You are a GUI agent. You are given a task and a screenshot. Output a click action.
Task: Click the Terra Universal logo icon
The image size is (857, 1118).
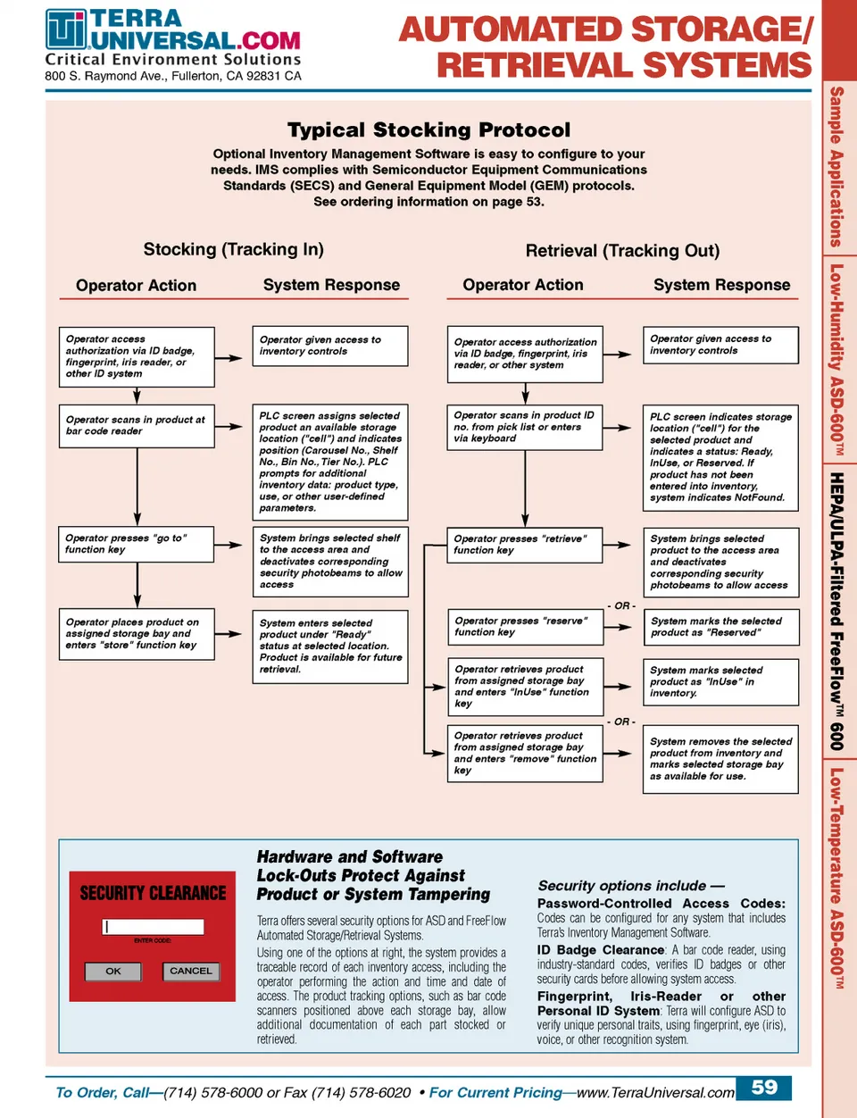(66, 29)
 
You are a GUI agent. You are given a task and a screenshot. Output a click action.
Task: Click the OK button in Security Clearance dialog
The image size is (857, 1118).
(113, 971)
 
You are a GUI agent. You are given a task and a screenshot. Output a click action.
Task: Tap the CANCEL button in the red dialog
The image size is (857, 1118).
(191, 971)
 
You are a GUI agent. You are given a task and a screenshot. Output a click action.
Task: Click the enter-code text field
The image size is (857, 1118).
(154, 927)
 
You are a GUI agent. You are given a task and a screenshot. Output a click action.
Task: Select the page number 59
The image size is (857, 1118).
(764, 1088)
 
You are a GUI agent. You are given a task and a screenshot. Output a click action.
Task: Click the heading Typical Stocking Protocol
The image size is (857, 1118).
(428, 130)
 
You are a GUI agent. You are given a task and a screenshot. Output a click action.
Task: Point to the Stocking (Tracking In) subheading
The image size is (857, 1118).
(234, 250)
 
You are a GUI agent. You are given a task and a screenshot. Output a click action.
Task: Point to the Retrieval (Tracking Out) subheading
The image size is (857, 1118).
(622, 251)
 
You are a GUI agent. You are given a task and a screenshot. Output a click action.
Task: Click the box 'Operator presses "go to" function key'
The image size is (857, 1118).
(137, 545)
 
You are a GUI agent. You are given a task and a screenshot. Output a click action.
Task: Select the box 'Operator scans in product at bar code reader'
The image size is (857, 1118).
(137, 426)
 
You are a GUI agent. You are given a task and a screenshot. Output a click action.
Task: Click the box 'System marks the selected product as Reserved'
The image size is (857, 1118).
(720, 627)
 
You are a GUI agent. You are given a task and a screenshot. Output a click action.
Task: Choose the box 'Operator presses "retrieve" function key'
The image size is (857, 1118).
(525, 545)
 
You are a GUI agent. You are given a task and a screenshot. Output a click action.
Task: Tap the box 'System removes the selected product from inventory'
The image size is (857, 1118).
(720, 759)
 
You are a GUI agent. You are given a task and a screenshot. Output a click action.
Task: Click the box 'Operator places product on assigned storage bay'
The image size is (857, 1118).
(137, 634)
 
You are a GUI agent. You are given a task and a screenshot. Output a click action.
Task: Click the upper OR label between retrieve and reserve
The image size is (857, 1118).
(621, 606)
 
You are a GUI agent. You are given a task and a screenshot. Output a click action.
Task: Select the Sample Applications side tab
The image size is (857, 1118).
(836, 166)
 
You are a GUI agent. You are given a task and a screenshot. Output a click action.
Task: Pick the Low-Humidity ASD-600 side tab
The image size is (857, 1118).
(836, 357)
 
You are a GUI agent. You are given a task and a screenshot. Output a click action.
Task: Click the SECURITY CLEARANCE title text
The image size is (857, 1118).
(154, 893)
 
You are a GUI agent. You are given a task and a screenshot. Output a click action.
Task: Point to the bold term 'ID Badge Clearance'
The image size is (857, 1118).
(601, 950)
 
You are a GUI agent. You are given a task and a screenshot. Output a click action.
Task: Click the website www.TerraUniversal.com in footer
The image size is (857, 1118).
(656, 1092)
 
